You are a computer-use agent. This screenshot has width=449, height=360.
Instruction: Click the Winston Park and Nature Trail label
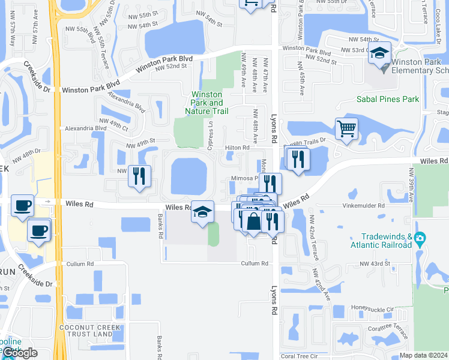pyautogui.click(x=207, y=103)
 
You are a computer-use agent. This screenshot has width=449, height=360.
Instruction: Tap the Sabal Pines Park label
pyautogui.click(x=388, y=100)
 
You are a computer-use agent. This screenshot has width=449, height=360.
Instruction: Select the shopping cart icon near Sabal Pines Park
pyautogui.click(x=346, y=128)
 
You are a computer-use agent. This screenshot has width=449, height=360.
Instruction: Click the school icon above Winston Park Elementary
pyautogui.click(x=379, y=53)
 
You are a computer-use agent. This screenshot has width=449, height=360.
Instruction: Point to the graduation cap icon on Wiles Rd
pyautogui.click(x=203, y=212)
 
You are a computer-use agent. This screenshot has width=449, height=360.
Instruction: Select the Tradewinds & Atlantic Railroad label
pyautogui.click(x=381, y=241)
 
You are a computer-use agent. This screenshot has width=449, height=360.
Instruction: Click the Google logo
pyautogui.click(x=20, y=353)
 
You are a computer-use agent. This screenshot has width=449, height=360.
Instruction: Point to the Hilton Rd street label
pyautogui.click(x=237, y=148)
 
